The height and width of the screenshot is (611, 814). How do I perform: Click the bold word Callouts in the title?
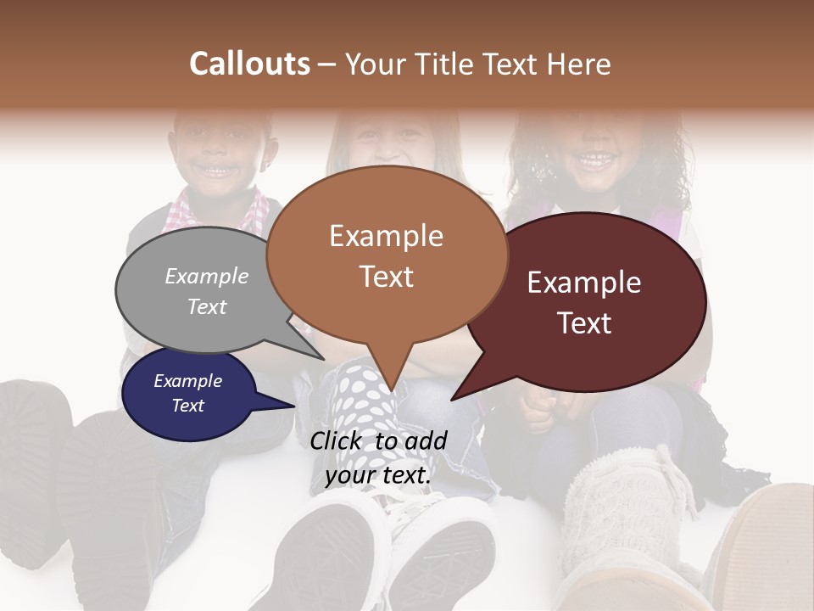point(249,64)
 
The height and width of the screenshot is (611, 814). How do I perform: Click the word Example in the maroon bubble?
point(584,283)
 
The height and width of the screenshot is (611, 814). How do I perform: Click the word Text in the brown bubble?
point(387,277)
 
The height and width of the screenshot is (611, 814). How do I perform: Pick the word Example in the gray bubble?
point(207,277)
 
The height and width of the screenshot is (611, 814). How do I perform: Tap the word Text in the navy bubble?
point(188,406)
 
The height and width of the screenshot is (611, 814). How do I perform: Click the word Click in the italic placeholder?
point(337,440)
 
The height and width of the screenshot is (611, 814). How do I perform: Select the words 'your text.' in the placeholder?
point(378,475)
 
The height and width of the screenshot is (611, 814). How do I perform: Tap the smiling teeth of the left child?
point(219,171)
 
